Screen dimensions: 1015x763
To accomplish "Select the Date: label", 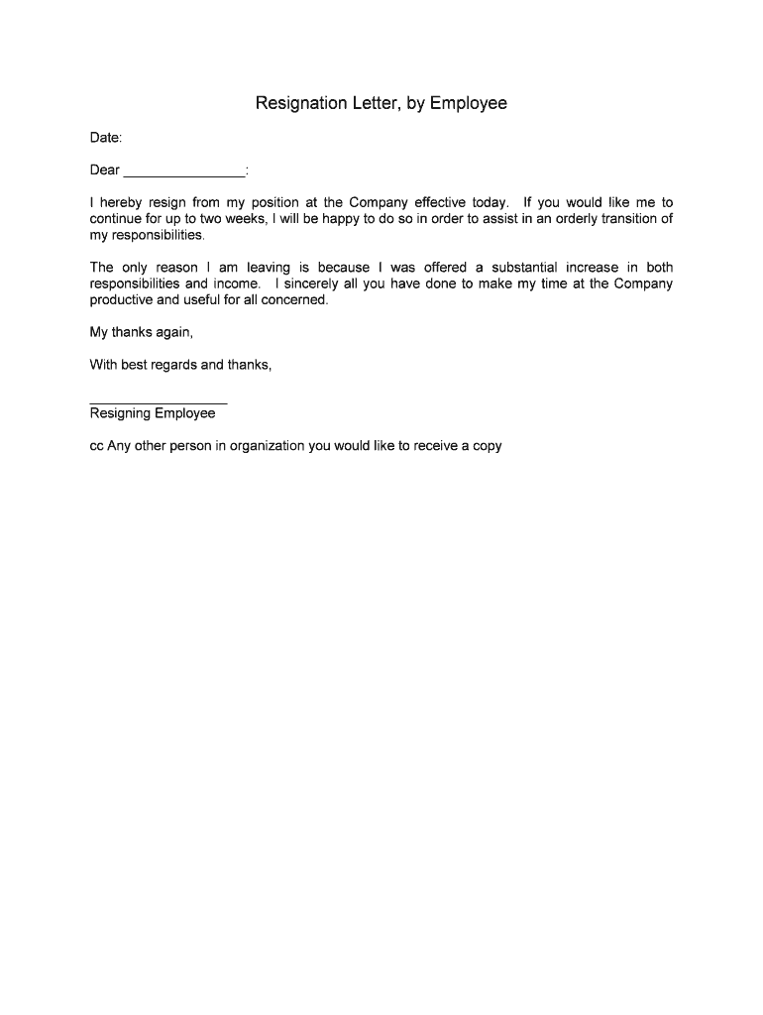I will click(x=106, y=138).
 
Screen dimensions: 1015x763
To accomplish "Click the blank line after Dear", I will click(x=184, y=170).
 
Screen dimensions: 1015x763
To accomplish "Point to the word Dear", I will click(x=105, y=170).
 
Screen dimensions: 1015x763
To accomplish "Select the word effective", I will click(x=440, y=203).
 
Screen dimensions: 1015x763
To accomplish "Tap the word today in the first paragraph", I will click(x=490, y=203).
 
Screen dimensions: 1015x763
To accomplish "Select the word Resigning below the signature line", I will click(x=120, y=413).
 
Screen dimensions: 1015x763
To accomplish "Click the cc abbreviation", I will click(x=97, y=446).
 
